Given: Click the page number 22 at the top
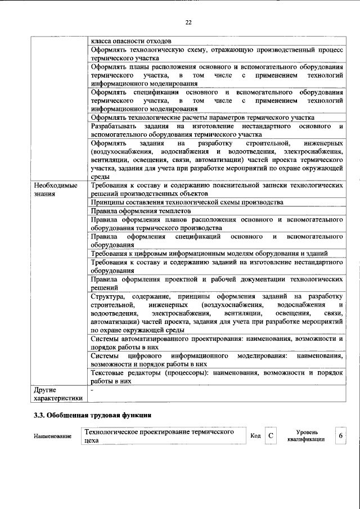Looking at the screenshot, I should (188, 22).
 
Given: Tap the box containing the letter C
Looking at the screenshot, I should (271, 436).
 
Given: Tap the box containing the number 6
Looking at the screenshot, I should (340, 436).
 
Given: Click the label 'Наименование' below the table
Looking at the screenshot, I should (53, 436).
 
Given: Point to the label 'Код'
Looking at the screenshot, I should (255, 436).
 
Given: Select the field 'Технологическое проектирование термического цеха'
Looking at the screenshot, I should (163, 436).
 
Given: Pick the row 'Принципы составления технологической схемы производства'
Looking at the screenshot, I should (186, 201).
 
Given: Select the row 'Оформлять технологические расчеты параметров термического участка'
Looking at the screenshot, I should (202, 118).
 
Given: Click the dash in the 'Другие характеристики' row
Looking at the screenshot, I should (92, 389).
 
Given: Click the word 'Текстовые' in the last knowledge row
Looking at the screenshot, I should (107, 372).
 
